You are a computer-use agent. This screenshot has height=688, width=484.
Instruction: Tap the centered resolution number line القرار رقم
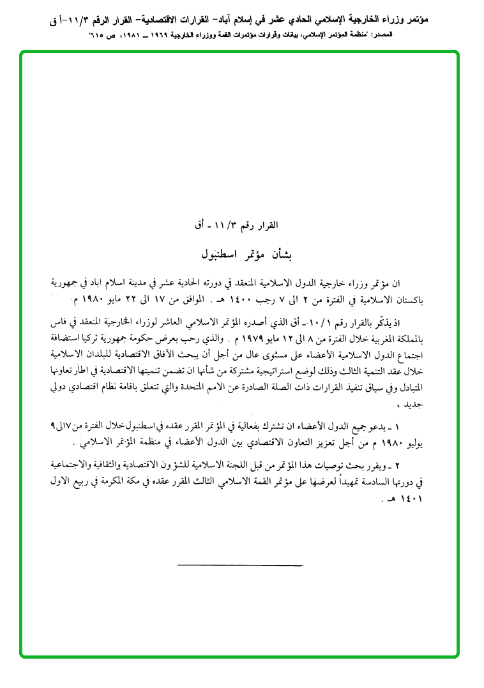241,225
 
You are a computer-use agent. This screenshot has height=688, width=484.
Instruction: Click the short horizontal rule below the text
239,564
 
